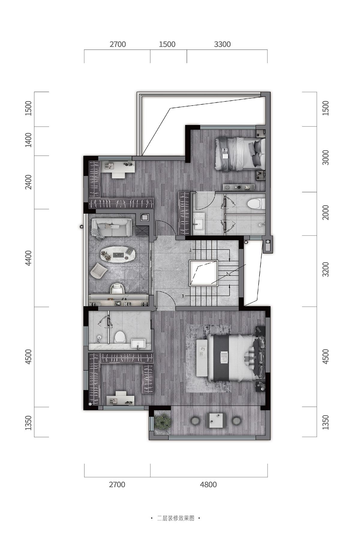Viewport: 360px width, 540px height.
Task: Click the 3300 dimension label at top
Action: pos(222,44)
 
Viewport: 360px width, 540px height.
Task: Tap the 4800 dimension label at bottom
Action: pos(208,484)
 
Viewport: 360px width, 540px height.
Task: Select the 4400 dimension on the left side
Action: pos(28,258)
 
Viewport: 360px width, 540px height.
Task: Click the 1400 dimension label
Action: pos(28,140)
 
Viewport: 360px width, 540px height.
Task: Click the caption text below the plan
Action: pos(176,518)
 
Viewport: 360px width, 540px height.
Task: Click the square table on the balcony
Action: pos(216,420)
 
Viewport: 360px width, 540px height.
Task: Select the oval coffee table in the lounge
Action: pos(117,255)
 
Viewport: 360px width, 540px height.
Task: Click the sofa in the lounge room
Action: pos(112,227)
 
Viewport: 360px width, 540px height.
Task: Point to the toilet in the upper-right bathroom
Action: pos(256,204)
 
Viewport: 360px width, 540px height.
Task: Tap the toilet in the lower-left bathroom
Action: pos(120,337)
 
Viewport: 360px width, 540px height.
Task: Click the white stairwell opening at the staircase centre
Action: pos(203,273)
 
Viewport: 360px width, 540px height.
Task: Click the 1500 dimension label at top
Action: pos(167,44)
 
